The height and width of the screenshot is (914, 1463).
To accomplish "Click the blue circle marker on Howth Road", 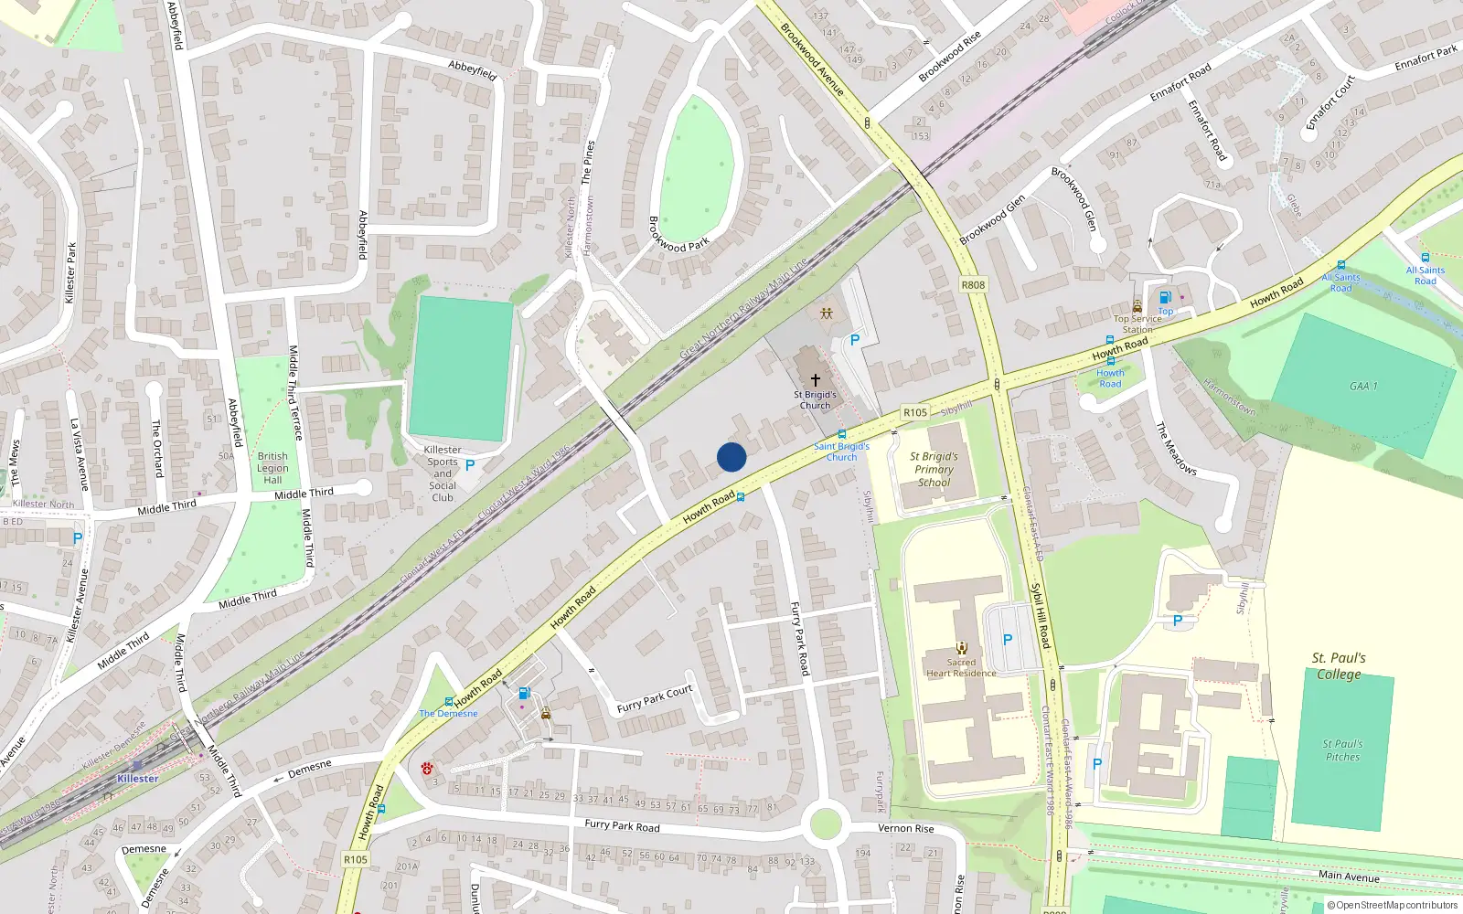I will pos(731,457).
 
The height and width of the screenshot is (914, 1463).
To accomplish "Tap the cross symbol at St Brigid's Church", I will pos(815,379).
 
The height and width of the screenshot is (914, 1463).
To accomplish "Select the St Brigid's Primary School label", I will pos(934,469).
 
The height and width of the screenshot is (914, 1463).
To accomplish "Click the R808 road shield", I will pos(973,285).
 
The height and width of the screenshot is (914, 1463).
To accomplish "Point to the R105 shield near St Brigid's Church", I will pos(915,412).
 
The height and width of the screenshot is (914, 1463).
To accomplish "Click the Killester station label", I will pos(137,779).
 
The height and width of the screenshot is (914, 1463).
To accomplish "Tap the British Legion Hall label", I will pos(272,468).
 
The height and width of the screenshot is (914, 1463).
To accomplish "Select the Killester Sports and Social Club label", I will pos(443,473).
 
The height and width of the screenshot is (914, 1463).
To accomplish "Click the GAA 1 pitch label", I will pos(1362,387).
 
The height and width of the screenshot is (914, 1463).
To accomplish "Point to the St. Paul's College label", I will pos(1339,665).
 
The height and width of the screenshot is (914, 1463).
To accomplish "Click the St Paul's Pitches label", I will pos(1342,750).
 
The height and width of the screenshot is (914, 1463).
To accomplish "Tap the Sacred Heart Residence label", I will pos(961,668).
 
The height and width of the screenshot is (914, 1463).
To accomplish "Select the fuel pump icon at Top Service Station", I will pos(1165,297).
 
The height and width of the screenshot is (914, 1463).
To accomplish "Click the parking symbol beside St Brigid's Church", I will pos(855,340).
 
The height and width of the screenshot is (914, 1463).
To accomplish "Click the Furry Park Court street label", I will pos(655,698).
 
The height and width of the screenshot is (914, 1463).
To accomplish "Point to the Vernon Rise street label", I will pos(905,828).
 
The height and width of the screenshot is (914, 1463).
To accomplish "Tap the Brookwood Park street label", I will pos(678,235).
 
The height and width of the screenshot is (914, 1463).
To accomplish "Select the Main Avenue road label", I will pos(1349,876).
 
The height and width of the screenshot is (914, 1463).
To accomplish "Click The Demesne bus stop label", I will pos(448,713).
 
